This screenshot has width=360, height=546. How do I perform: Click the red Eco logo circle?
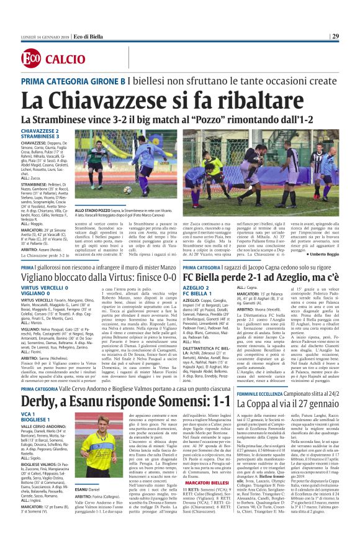[x=30, y=59]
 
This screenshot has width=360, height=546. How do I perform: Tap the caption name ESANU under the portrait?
[x=83, y=507]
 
